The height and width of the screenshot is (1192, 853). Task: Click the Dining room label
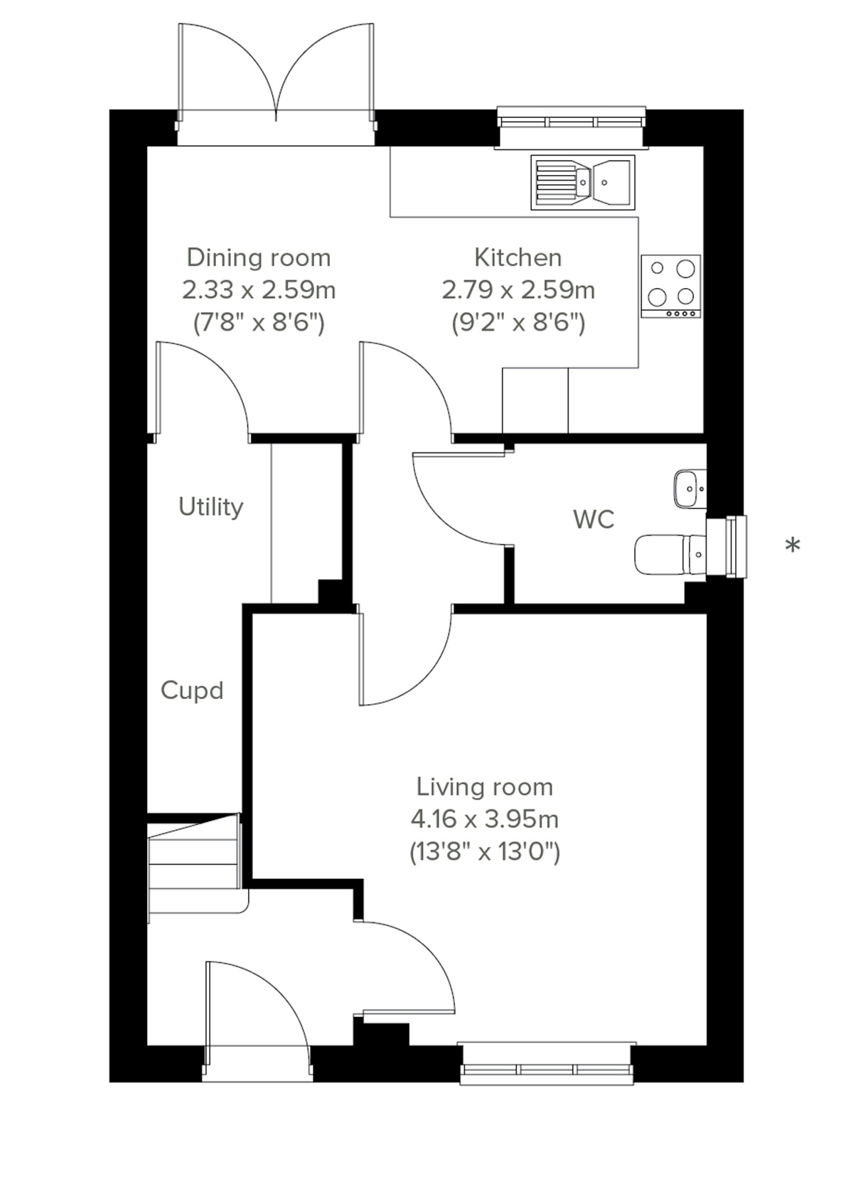click(259, 257)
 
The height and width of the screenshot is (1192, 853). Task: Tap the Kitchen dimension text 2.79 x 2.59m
click(518, 290)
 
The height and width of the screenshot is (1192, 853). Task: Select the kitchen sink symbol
click(582, 183)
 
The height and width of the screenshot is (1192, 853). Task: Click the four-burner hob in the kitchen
click(671, 286)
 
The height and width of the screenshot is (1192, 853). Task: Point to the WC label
click(594, 520)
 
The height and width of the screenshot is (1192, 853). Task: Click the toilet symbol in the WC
click(668, 555)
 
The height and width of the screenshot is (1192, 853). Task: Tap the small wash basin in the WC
click(689, 489)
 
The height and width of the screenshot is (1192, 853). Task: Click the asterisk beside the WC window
click(793, 546)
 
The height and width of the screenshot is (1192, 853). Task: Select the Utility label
click(211, 507)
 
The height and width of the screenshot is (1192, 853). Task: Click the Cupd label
click(192, 691)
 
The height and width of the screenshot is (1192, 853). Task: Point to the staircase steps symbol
click(193, 868)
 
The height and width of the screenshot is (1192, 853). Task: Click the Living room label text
click(485, 787)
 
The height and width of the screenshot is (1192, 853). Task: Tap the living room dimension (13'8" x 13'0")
click(485, 851)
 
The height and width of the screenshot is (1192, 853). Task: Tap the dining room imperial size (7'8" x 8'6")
click(259, 324)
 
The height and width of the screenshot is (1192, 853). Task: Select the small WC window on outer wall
click(729, 547)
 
